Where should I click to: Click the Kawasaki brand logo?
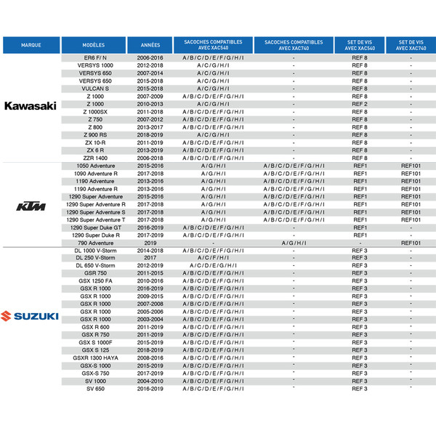31,105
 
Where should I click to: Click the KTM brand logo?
31,208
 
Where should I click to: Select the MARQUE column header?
31,45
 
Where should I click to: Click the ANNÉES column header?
150,45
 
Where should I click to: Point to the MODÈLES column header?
94,45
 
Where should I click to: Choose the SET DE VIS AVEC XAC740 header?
411,45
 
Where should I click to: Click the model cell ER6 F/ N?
95,57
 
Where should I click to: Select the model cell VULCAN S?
95,88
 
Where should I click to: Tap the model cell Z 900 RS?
95,134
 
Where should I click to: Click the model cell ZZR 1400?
95,158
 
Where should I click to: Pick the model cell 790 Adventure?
95,243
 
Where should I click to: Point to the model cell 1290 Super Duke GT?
95,227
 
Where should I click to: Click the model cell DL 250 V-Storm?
95,258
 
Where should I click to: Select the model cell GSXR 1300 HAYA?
95,358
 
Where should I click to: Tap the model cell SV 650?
95,389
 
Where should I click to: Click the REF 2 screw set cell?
360,104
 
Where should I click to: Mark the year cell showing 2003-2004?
150,319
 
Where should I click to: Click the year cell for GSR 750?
150,273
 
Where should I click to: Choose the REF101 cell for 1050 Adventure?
411,166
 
